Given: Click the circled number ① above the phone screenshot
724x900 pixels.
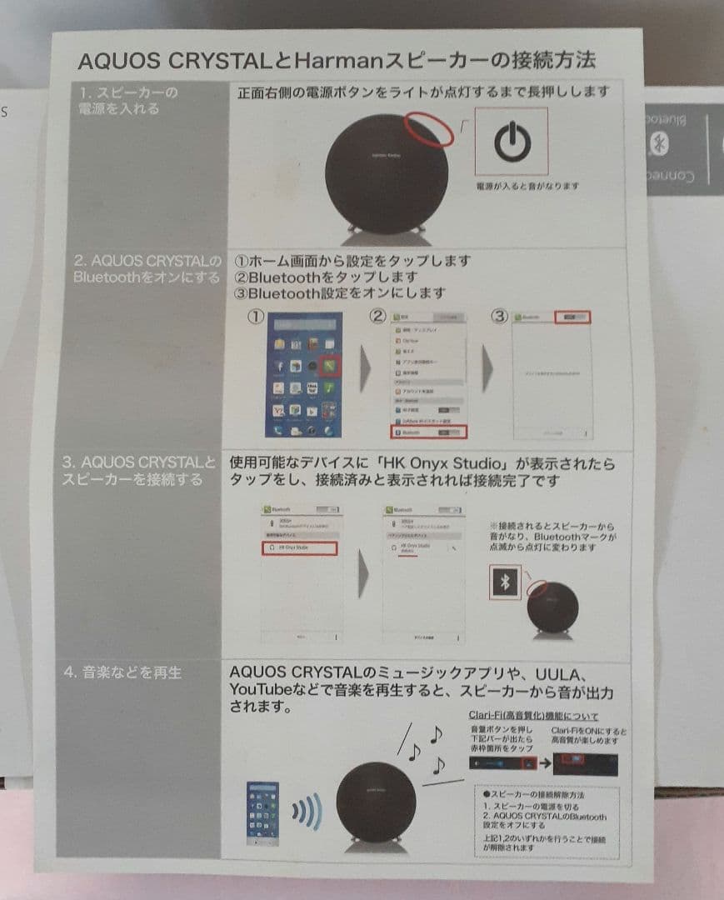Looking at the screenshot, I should click(256, 318).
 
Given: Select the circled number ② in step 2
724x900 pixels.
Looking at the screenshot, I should click(377, 317).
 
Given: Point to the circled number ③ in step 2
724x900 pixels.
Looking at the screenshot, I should click(499, 317).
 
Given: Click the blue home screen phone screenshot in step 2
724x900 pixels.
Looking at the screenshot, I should click(304, 374).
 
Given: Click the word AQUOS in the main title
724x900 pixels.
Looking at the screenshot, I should click(116, 62).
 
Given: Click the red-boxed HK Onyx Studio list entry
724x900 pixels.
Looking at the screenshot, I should click(302, 547).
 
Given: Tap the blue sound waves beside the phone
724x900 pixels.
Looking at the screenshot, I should click(306, 809).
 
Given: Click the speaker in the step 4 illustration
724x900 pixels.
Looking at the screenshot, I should click(376, 801).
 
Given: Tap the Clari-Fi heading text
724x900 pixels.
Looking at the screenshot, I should click(533, 715).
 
